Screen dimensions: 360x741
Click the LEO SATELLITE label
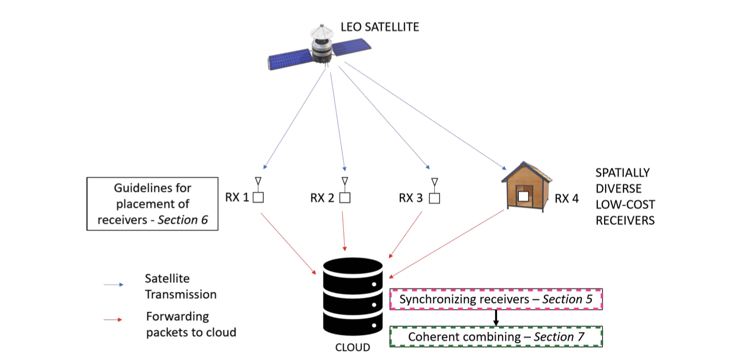380,27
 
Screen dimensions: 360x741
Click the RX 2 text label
323,198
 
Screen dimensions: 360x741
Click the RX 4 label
567,199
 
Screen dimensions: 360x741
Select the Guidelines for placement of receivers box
152,204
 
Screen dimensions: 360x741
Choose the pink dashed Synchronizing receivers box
496,299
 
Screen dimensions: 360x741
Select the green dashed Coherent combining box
496,337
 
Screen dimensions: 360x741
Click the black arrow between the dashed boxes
496,318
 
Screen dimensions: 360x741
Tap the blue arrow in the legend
114,284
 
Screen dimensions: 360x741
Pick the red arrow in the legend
114,320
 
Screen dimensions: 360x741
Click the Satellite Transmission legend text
180,286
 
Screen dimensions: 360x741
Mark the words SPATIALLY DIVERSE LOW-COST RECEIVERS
624,196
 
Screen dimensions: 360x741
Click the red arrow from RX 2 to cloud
344,231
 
